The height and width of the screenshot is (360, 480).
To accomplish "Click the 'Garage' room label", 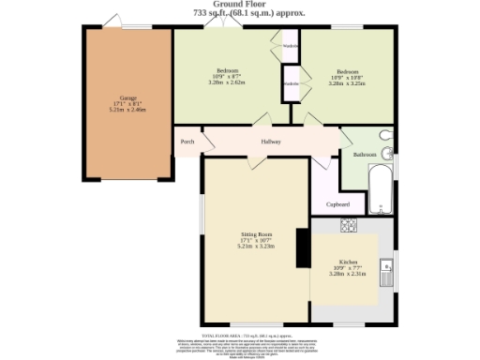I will pos(128,97).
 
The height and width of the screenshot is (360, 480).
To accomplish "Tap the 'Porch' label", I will pos(187,142).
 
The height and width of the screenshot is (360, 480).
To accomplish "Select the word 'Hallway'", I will pos(271,142).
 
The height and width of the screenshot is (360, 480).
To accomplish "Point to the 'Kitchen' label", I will pos(349,262).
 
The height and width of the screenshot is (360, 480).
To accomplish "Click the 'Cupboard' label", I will pos(337,204).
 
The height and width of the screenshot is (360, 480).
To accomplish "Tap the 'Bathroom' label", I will pos(364,154).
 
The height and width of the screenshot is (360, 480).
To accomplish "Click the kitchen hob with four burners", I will pos(347,225).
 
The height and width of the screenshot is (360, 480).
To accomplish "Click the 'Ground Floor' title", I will pos(239,5).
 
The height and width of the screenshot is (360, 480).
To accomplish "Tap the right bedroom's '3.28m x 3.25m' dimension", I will pos(348,82).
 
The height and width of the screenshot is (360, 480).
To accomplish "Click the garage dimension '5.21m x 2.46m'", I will pos(128,110).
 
